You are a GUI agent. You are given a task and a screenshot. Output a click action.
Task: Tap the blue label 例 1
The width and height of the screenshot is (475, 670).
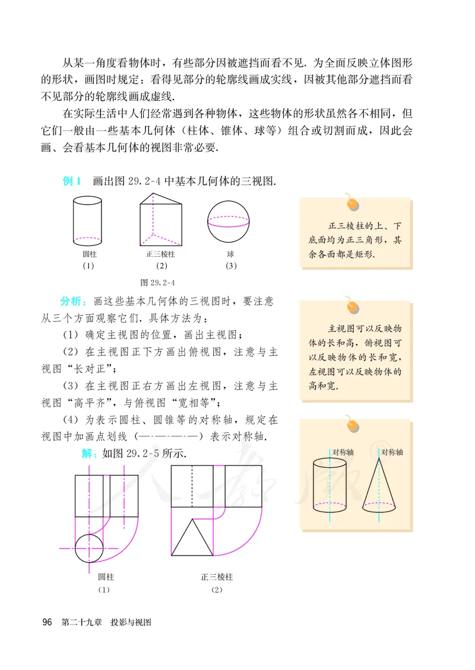tap(72, 181)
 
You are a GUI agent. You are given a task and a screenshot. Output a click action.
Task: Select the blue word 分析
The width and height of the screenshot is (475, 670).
tap(72, 301)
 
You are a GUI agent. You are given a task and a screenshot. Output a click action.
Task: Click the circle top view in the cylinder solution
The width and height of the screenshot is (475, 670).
tap(90, 548)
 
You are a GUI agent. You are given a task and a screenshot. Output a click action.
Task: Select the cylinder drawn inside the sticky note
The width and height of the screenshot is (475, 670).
tap(330, 486)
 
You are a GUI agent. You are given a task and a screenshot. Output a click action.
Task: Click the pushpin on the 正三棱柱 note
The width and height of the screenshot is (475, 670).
tap(353, 203)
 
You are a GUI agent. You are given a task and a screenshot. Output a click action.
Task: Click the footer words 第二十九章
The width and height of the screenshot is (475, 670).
tap(81, 623)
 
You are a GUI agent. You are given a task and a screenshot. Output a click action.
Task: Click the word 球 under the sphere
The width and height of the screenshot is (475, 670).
tap(230, 254)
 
